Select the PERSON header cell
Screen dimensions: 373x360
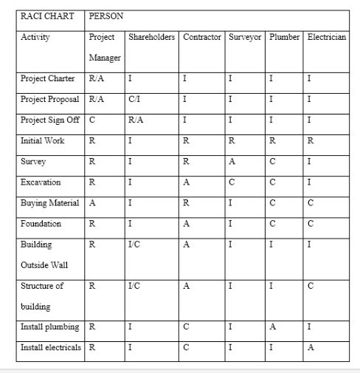coord(105,16)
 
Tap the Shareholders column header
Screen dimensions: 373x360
coord(151,36)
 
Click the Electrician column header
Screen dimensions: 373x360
coord(325,36)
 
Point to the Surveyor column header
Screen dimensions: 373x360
coord(245,36)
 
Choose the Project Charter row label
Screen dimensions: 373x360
coord(48,78)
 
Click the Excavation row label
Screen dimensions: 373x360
coord(41,182)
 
